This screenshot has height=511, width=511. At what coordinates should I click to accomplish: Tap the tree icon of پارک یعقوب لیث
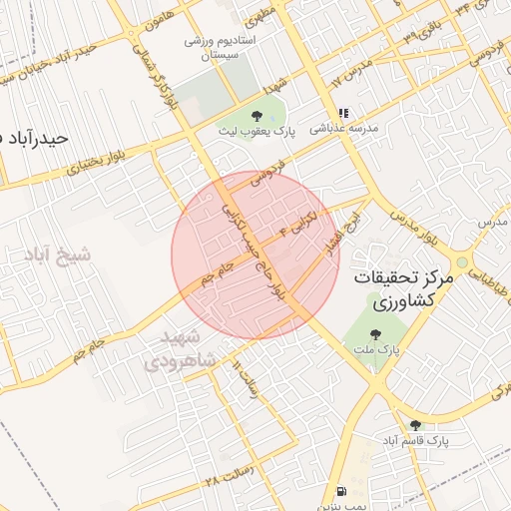257,116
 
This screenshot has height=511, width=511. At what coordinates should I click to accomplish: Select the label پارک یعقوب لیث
257,131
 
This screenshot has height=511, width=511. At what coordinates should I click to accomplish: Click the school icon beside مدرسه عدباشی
343,114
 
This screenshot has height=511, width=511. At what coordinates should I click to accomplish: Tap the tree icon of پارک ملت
375,335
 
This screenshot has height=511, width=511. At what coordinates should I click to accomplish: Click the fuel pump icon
343,491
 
